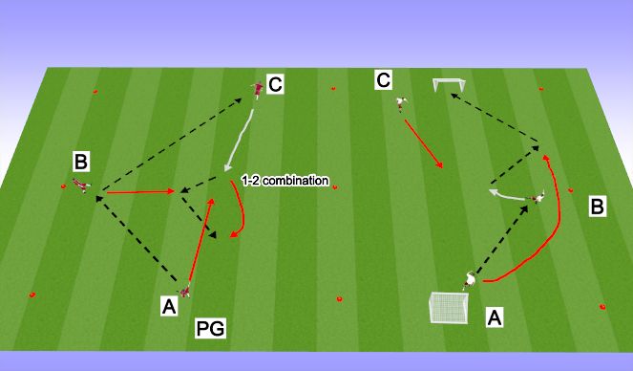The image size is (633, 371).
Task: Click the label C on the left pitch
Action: pos(275,85)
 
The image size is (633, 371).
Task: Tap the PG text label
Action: pos(210,329)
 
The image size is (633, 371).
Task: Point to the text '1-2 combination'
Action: pos(285,180)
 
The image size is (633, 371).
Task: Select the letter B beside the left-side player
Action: pos(82,158)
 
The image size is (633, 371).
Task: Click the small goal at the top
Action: pos(448,86)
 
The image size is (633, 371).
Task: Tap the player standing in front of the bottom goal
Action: pos(469,279)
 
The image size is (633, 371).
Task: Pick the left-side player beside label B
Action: pos(83,185)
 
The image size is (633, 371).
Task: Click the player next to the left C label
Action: pos(257,90)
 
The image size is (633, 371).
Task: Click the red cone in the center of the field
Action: pos(334,186)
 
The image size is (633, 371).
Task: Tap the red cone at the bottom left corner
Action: pos(32,295)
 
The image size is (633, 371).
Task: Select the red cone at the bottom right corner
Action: pos(602,306)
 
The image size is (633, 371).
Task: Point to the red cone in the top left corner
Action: pos(95,92)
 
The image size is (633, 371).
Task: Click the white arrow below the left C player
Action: pos(239,142)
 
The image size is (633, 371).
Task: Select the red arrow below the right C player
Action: pos(424,145)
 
